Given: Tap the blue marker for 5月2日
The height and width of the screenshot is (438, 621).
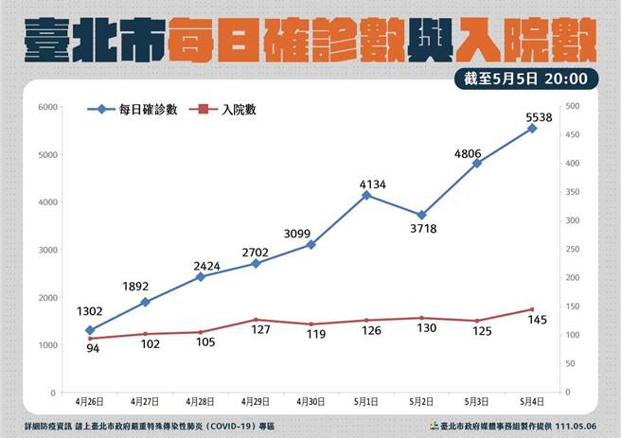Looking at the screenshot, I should [x=421, y=216].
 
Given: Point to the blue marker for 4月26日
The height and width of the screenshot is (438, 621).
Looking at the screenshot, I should [x=90, y=330].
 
